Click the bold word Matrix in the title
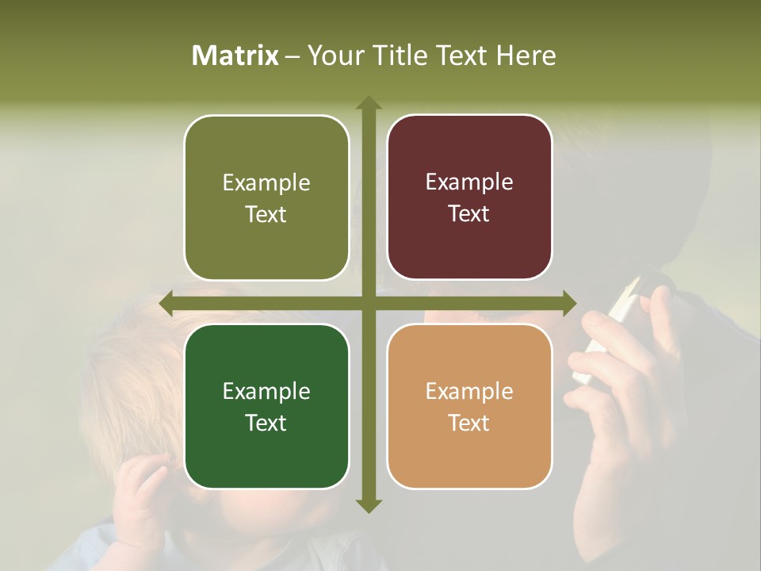pyautogui.click(x=235, y=56)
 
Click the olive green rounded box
pyautogui.click(x=266, y=197)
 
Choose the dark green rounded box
pyautogui.click(x=266, y=406)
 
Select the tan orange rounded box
pyautogui.click(x=469, y=406)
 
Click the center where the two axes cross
pyautogui.click(x=368, y=303)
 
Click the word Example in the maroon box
pyautogui.click(x=469, y=182)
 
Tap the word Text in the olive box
pyautogui.click(x=266, y=215)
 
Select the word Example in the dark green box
pyautogui.click(x=266, y=392)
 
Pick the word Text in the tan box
pyautogui.click(x=468, y=423)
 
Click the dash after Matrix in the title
pyautogui.click(x=293, y=56)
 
